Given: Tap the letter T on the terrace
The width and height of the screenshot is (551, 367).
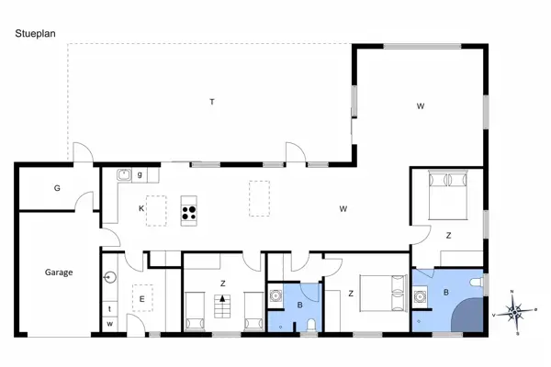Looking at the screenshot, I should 211,102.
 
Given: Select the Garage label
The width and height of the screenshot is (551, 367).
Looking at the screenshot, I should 59,272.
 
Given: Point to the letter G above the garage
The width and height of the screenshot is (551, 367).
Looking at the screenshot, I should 57,189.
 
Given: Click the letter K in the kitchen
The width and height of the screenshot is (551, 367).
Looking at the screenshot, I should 141,209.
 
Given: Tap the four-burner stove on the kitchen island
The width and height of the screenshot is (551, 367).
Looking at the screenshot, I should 189,211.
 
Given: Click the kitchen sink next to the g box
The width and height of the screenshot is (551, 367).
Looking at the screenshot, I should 124,174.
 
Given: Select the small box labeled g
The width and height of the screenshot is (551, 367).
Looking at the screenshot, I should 140,174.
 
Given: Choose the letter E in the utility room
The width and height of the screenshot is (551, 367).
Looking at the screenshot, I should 141,299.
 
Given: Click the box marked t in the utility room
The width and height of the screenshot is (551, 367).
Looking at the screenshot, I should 109,308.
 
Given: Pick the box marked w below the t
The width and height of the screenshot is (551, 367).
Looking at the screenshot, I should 109,324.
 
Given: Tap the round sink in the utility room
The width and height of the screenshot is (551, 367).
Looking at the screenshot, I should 109,275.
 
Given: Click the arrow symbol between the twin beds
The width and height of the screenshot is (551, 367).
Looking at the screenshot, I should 221,299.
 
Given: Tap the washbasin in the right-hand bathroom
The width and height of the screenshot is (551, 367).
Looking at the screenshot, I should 422,296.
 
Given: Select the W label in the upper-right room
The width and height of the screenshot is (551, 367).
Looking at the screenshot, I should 421,107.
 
